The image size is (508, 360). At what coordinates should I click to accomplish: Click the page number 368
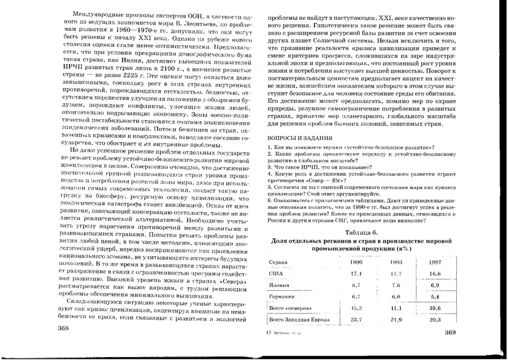(x=65, y=328)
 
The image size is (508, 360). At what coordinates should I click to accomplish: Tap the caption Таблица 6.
(x=361, y=233)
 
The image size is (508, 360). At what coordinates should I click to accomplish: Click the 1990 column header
(x=356, y=262)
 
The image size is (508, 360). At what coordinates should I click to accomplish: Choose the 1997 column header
(x=436, y=262)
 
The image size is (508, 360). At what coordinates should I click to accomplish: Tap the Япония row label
(x=278, y=286)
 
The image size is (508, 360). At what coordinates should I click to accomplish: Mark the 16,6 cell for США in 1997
(x=436, y=274)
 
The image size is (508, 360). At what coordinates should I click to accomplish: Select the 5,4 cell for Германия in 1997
(x=436, y=297)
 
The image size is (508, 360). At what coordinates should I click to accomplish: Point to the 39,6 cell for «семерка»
(x=436, y=308)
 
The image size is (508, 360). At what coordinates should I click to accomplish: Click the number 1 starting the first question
(x=268, y=147)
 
